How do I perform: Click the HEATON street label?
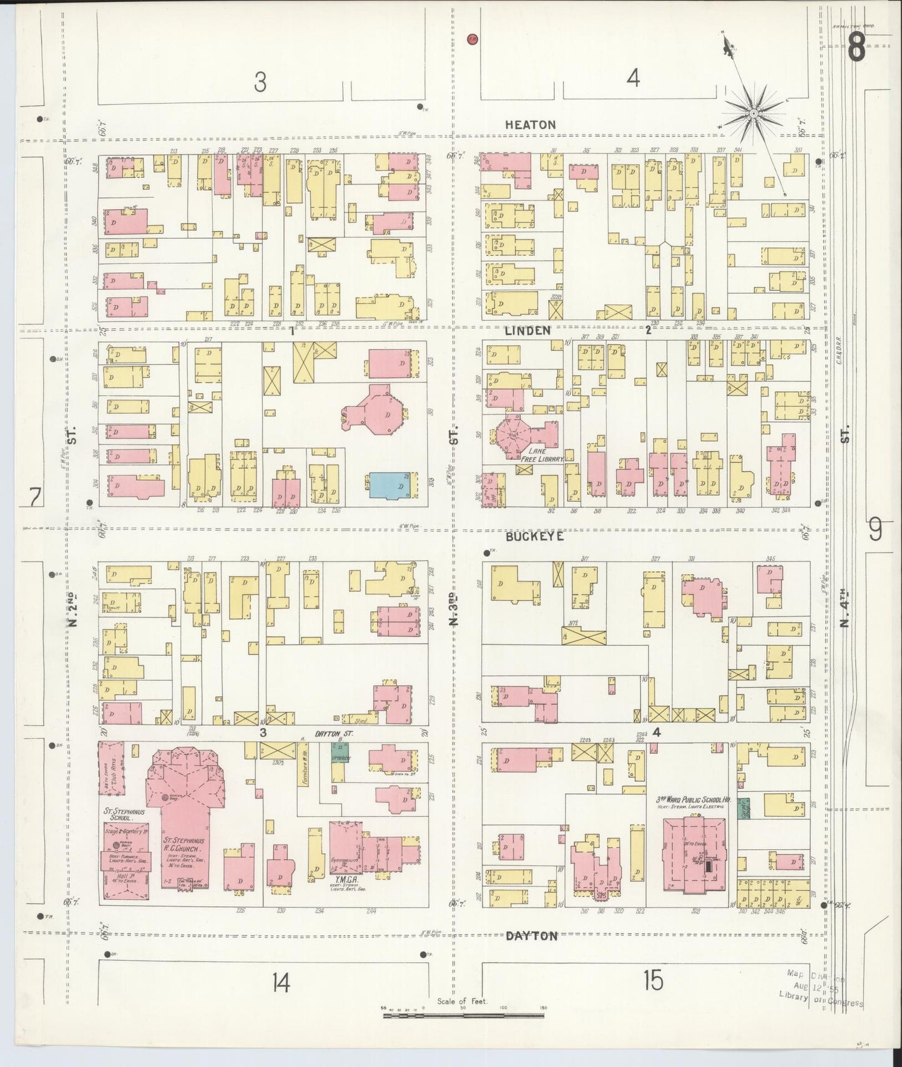pyautogui.click(x=530, y=125)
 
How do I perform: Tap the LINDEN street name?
pyautogui.click(x=527, y=331)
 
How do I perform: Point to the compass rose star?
pyautogui.click(x=753, y=113)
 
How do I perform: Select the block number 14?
pyautogui.click(x=280, y=983)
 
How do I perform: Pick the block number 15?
pyautogui.click(x=653, y=982)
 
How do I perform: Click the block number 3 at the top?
pyautogui.click(x=260, y=82)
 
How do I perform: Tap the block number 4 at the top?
pyautogui.click(x=633, y=79)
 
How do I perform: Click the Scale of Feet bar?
pyautogui.click(x=463, y=1016)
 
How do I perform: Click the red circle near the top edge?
pyautogui.click(x=472, y=39)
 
